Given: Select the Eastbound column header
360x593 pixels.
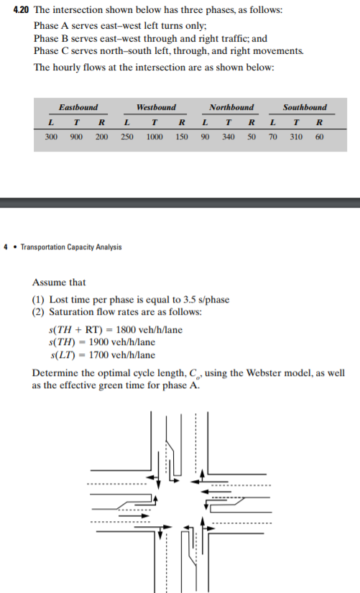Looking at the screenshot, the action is pos(78,107).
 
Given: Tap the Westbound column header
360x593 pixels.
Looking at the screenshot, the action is pos(156,107).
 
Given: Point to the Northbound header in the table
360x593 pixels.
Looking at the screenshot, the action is pos(231,107).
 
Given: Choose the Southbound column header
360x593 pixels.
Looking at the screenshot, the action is pos(304,107).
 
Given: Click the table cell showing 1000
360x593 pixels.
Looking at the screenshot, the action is pos(154,136).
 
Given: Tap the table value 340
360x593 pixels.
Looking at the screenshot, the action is pos(229,136).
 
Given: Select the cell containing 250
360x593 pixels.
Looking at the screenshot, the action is pos(126,136).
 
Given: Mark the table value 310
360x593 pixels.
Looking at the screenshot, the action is pos(296,136).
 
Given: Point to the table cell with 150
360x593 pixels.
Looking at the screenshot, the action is pos(182,136).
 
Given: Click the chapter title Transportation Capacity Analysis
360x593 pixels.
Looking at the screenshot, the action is pos(70,247).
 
